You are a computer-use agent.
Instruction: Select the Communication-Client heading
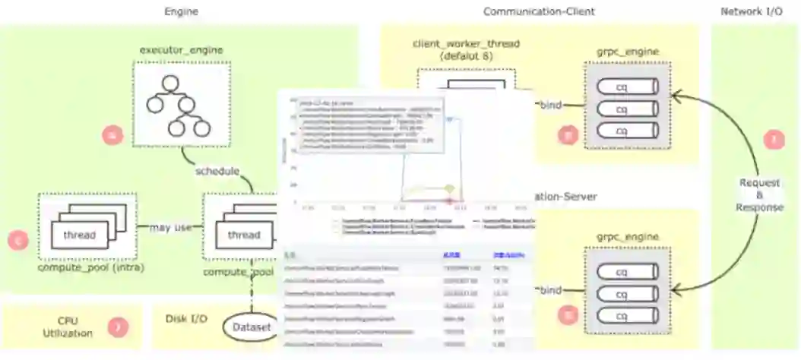pyautogui.click(x=539, y=11)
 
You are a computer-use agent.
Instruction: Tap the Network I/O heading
pyautogui.click(x=752, y=11)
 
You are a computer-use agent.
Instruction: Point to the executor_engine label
pyautogui.click(x=181, y=50)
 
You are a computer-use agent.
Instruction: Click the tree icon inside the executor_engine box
pyautogui.click(x=181, y=106)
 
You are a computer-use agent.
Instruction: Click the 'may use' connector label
pyautogui.click(x=170, y=226)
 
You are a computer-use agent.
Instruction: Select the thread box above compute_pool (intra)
pyautogui.click(x=79, y=235)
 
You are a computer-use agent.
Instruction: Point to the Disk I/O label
pyautogui.click(x=187, y=318)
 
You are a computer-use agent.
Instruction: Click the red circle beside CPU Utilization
pyautogui.click(x=118, y=328)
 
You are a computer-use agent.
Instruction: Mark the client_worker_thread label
pyautogui.click(x=466, y=49)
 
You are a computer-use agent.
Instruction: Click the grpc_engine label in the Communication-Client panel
pyautogui.click(x=628, y=52)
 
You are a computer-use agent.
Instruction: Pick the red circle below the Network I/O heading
pyautogui.click(x=774, y=140)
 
